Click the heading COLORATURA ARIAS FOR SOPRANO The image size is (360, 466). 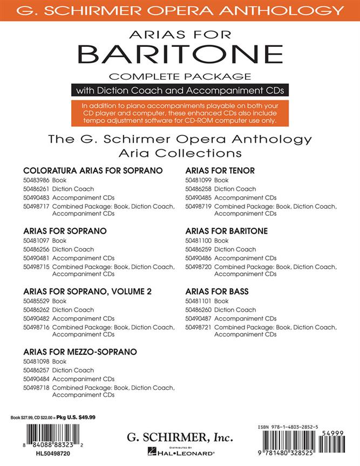[93, 170]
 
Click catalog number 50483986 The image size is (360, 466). [37, 180]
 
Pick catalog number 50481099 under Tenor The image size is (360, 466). [198, 180]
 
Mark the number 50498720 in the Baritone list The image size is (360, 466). [198, 266]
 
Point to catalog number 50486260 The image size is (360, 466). [198, 310]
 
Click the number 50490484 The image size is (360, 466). [37, 379]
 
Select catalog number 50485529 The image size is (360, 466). [37, 301]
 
